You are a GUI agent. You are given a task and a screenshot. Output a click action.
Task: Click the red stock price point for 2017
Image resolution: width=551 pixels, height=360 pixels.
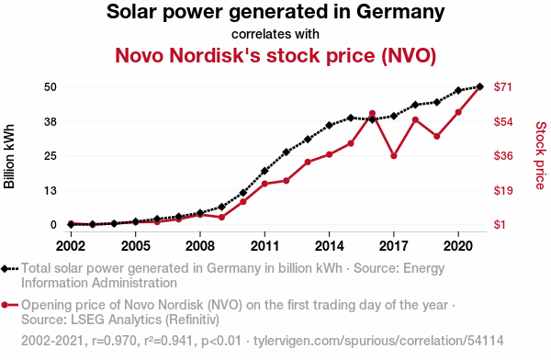click(394, 156)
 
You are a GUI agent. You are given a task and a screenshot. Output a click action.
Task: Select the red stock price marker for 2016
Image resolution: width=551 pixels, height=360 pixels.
click(372, 114)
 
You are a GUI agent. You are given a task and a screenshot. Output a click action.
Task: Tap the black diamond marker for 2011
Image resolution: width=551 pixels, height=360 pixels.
click(264, 171)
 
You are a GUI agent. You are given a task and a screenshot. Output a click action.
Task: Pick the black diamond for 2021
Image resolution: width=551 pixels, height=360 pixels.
click(479, 86)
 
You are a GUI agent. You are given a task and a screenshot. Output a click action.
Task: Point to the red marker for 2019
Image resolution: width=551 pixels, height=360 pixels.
click(437, 137)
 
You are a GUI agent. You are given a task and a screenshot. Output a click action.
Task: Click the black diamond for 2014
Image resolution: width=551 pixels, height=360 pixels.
click(330, 125)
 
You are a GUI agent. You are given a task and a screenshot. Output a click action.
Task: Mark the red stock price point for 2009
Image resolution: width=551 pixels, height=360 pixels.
click(221, 218)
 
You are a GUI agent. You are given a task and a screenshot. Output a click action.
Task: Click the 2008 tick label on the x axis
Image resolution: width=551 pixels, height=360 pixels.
click(200, 246)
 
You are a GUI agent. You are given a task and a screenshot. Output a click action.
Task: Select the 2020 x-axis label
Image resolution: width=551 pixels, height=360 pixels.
click(458, 246)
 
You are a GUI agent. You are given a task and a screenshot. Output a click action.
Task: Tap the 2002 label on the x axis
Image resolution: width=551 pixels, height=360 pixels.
click(71, 246)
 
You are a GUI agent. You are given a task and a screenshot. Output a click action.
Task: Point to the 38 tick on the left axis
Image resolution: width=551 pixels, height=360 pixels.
click(51, 121)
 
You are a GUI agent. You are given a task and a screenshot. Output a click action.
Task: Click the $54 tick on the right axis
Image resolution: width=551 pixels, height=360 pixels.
click(503, 121)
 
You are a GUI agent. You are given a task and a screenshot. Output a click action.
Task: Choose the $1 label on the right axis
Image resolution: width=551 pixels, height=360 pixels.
click(500, 224)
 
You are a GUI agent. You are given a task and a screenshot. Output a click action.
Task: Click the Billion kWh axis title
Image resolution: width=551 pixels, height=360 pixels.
click(9, 156)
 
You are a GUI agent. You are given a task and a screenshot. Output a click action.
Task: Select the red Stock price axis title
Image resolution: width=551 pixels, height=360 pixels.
click(541, 155)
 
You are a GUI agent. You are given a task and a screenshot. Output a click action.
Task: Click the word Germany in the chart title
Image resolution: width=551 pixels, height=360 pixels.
click(400, 12)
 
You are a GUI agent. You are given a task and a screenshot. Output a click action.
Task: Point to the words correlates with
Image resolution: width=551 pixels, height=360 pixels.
click(275, 34)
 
